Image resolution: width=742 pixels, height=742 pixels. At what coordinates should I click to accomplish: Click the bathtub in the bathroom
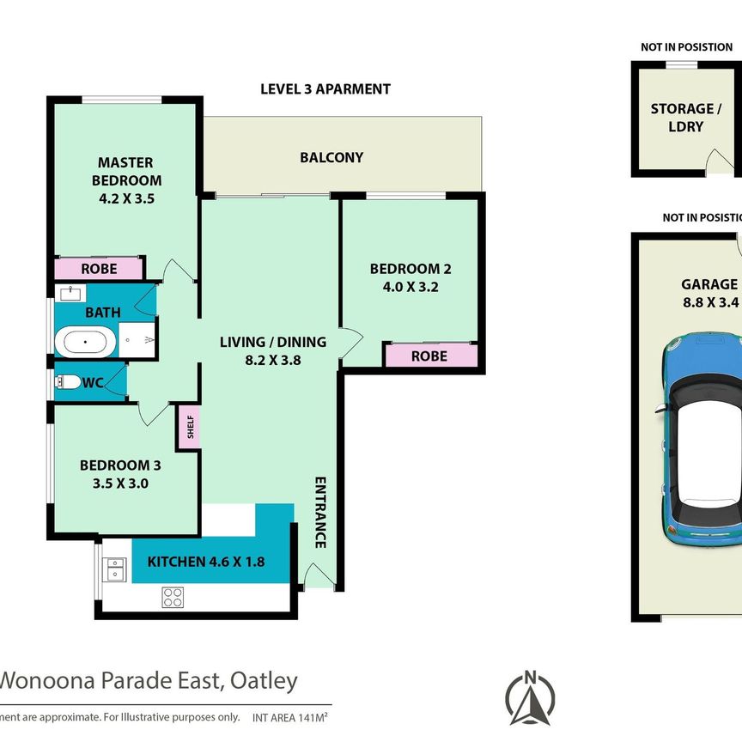(84, 344)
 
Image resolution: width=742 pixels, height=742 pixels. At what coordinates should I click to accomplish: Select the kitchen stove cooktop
(173, 597)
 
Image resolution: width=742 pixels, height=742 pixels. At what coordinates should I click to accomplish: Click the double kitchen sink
(114, 568)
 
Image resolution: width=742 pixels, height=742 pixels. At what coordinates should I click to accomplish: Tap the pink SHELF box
(189, 429)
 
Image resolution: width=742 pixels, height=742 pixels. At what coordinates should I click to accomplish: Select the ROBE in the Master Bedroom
(99, 269)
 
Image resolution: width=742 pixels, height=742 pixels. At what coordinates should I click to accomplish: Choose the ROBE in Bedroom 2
(429, 355)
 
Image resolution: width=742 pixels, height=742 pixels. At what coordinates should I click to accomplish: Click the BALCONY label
(331, 157)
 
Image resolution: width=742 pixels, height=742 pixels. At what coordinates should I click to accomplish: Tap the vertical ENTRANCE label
(319, 512)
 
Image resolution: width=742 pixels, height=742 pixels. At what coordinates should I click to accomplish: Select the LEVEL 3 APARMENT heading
(325, 88)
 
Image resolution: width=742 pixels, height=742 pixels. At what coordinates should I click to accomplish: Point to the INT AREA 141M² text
(292, 715)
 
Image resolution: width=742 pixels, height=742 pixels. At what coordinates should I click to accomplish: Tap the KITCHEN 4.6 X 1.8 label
(206, 563)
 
